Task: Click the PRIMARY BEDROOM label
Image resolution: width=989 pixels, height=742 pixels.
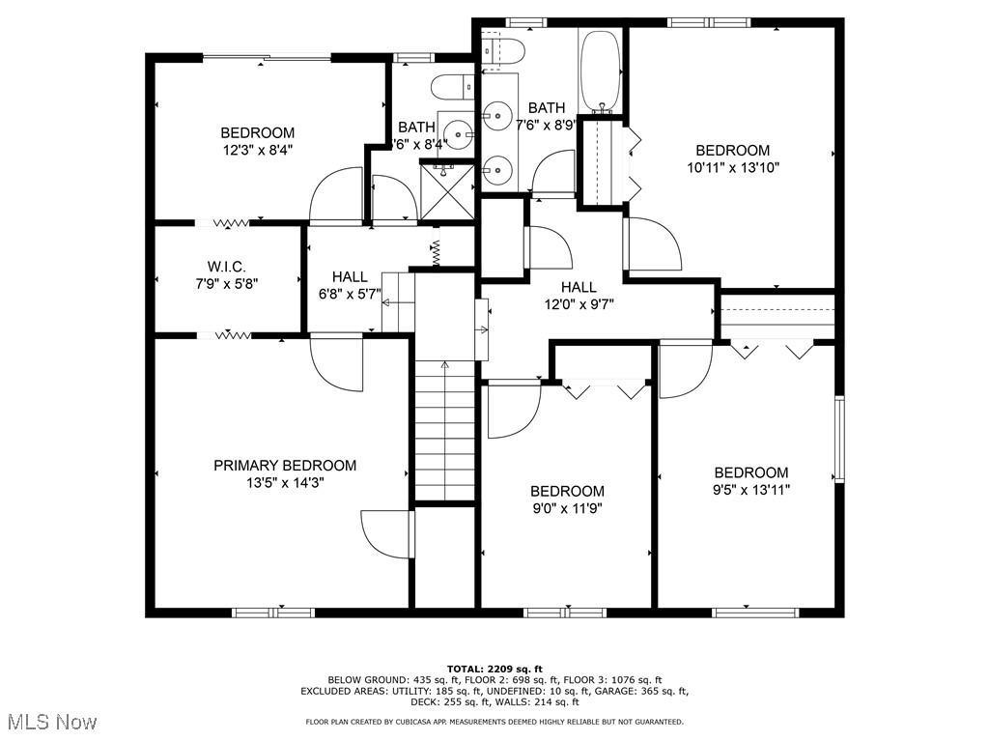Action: [284, 466]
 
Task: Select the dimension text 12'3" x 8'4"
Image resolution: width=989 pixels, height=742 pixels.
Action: [257, 150]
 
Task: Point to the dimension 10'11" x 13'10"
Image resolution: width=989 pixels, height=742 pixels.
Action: [733, 167]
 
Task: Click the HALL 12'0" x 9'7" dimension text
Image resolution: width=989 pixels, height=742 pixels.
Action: [579, 303]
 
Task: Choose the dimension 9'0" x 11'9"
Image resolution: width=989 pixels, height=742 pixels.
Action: [567, 508]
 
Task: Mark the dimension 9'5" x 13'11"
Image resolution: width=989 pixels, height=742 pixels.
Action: [750, 489]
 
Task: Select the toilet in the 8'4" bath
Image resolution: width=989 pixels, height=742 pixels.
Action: [450, 87]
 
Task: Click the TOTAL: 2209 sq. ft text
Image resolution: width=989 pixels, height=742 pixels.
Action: [494, 669]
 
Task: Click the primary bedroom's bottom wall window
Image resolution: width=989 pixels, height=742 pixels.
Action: [273, 612]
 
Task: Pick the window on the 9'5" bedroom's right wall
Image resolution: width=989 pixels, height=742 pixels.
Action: [839, 439]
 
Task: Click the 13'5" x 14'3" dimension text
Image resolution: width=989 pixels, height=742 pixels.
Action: [284, 482]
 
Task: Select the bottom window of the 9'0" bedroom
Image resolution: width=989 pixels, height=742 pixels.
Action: [565, 612]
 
